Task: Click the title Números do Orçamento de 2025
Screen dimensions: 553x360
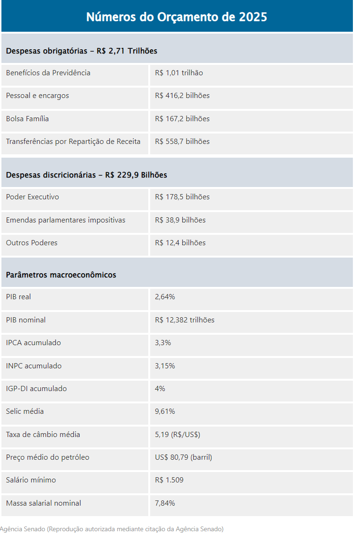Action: click(x=177, y=17)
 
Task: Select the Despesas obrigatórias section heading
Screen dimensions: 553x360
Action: click(x=81, y=51)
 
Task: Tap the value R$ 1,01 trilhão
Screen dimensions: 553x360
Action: click(x=179, y=73)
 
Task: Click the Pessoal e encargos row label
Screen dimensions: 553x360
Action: click(x=37, y=96)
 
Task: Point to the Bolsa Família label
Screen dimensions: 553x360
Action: click(x=27, y=119)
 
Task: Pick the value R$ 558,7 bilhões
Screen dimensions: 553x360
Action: click(x=182, y=142)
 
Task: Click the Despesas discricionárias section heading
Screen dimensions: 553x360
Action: click(x=86, y=175)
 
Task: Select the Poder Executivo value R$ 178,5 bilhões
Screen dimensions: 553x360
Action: click(x=182, y=197)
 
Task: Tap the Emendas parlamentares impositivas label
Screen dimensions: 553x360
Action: click(x=66, y=220)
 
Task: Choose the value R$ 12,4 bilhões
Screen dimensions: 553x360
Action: click(x=180, y=243)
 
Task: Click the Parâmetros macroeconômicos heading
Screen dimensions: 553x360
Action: click(x=61, y=275)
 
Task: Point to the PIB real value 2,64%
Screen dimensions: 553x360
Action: click(x=165, y=297)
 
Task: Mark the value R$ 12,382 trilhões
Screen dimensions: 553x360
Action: click(x=184, y=320)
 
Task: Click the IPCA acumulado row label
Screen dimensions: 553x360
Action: click(x=34, y=343)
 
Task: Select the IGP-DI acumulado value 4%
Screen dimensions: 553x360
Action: click(x=160, y=389)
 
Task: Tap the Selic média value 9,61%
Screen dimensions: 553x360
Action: click(x=165, y=411)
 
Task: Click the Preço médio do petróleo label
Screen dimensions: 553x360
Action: click(x=48, y=457)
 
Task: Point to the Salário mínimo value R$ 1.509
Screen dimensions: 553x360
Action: click(x=169, y=480)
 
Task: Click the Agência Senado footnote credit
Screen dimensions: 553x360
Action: click(x=112, y=529)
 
